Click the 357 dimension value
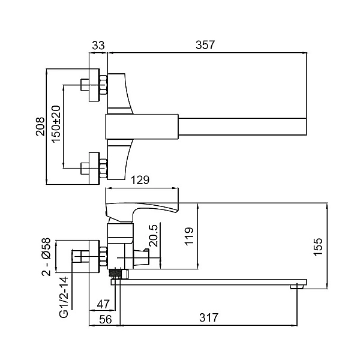[x=205, y=45]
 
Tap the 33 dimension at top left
[x=98, y=45]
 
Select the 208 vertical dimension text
[x=40, y=127]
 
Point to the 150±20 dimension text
[x=56, y=124]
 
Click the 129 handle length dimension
[x=140, y=180]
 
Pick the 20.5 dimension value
[x=154, y=236]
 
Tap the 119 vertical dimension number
[x=189, y=237]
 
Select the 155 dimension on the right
[x=319, y=247]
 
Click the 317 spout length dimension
[x=208, y=318]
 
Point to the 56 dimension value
[x=106, y=319]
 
